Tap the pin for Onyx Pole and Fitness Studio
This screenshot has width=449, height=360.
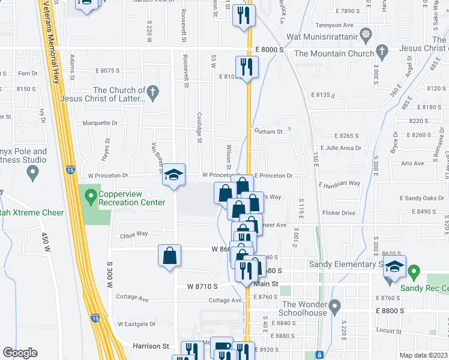[x=33, y=173]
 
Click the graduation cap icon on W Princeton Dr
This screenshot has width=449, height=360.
[x=173, y=175]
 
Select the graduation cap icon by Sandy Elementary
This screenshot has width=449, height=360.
[x=394, y=266]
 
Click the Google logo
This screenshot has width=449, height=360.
[x=20, y=353]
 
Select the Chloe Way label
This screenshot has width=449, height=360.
[x=133, y=234]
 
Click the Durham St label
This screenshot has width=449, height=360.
[x=268, y=131]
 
